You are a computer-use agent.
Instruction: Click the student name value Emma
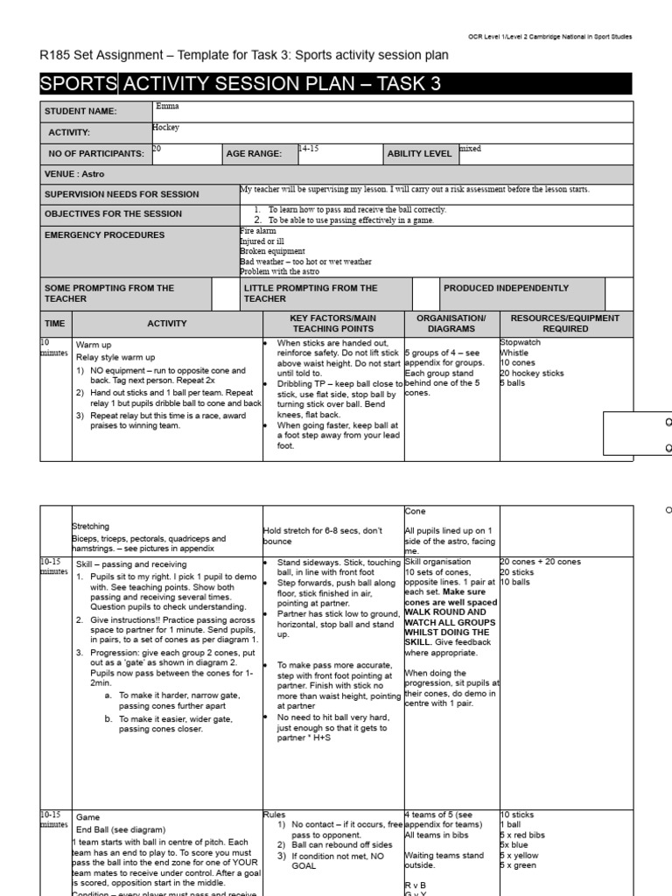click(165, 107)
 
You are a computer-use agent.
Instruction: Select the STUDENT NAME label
click(80, 112)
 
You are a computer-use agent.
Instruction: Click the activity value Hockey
click(166, 128)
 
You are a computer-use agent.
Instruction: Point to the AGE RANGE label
click(254, 154)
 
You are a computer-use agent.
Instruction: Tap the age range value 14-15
click(308, 150)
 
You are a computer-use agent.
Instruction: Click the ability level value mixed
click(471, 150)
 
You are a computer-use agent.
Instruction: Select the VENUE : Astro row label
click(74, 174)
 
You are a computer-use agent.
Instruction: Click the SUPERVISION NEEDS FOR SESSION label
click(122, 194)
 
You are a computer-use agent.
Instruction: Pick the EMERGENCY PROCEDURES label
click(104, 234)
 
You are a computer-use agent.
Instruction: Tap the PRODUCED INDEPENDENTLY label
click(506, 288)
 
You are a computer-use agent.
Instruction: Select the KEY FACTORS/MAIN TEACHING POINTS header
click(332, 324)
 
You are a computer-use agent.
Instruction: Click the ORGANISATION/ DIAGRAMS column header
click(451, 324)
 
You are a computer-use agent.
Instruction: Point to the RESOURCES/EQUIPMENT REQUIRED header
click(564, 324)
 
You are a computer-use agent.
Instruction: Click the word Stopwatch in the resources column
click(521, 343)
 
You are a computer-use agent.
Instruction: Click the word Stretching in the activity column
click(92, 527)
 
